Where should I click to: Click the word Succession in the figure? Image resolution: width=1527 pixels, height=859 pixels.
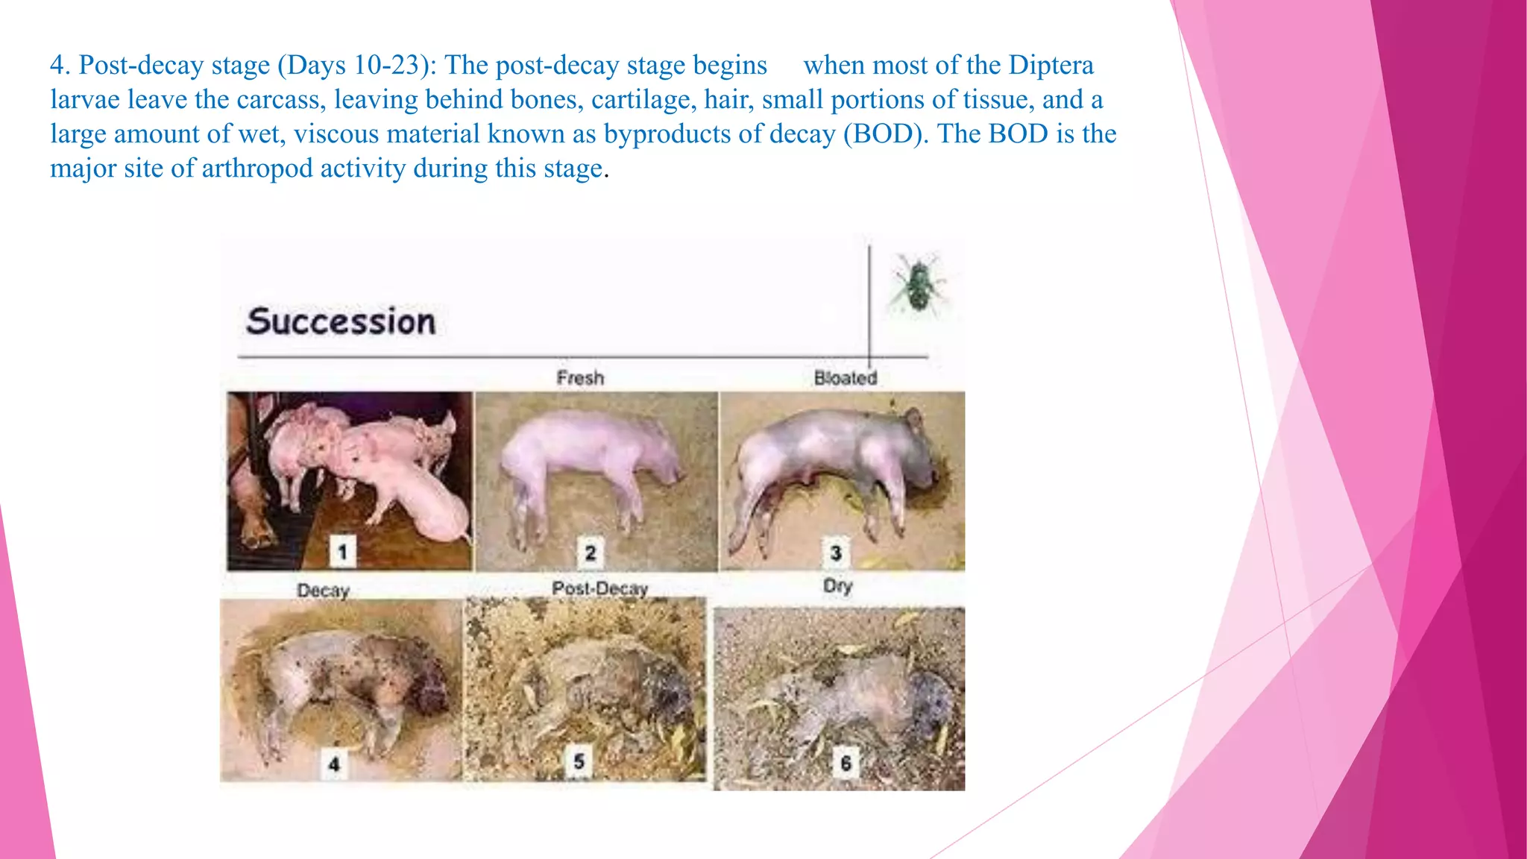[x=341, y=321]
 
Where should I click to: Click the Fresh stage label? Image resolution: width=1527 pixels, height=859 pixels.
[x=580, y=378]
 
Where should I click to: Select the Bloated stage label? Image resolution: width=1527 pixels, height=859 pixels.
[x=845, y=378]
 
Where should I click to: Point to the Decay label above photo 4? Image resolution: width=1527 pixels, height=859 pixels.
[x=323, y=591]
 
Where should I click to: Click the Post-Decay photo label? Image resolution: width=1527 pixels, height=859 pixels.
[x=599, y=588]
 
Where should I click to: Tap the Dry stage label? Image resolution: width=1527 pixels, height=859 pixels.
[x=837, y=586]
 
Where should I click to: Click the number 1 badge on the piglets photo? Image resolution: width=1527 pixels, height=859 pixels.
[x=342, y=553]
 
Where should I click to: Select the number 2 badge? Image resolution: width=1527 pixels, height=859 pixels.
[x=590, y=553]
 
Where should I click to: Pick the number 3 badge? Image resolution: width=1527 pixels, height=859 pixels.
[x=836, y=553]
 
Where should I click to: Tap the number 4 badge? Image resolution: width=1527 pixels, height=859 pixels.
[x=334, y=764]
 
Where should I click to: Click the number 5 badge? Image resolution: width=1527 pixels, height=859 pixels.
[x=579, y=762]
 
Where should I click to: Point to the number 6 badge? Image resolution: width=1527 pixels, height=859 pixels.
[x=846, y=763]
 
